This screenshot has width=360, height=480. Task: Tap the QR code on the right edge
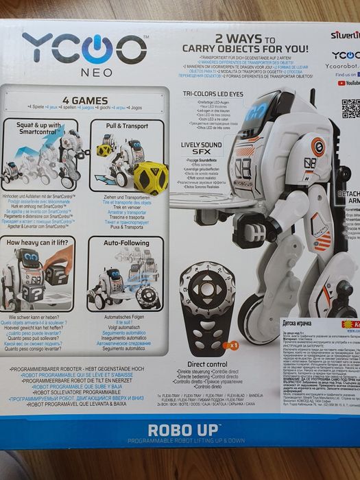pos(350,108)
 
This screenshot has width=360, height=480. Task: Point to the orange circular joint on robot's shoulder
pos(317,145)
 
